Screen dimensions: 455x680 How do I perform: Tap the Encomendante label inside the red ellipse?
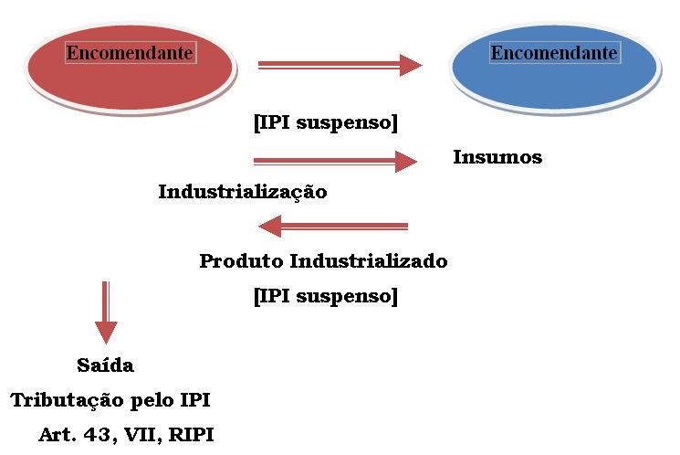pos(130,53)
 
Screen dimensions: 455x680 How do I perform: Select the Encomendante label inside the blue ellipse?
pos(554,53)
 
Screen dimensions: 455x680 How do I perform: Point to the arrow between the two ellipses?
pos(340,65)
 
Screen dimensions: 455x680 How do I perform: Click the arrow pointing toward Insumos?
pos(335,162)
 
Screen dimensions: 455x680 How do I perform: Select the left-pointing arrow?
pos(333,226)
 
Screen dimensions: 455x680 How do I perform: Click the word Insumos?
pos(497,157)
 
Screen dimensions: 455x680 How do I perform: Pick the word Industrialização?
pos(243,192)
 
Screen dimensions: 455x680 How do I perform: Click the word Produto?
pos(241,261)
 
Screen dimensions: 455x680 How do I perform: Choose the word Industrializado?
pos(369,261)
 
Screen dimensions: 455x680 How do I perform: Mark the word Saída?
pos(106,365)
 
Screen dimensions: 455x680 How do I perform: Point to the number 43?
pos(102,435)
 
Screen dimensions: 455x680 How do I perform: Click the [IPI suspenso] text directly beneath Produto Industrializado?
pos(326,296)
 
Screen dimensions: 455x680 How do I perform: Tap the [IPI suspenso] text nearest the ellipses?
pos(326,122)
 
